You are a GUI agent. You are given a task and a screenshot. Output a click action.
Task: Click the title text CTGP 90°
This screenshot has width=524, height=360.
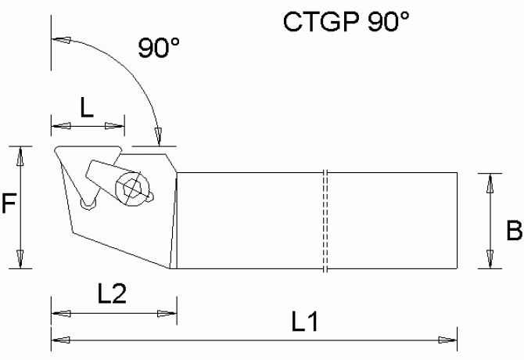(346, 21)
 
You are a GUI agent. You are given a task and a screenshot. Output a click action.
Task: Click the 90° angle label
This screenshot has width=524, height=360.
(160, 49)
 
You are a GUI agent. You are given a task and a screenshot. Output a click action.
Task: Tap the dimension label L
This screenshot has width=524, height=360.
(87, 108)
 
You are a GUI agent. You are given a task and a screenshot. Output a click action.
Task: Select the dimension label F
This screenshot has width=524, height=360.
(9, 206)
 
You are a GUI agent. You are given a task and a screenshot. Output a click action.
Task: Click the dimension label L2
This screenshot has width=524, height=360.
(113, 294)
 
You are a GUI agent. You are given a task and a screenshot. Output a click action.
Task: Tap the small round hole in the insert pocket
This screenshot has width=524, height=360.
(89, 204)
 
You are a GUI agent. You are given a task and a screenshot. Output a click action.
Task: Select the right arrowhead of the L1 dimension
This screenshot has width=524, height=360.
(448, 339)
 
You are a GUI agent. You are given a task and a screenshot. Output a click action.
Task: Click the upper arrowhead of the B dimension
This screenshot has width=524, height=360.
(490, 182)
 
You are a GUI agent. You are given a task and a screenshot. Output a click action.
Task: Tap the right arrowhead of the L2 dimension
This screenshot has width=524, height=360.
(168, 314)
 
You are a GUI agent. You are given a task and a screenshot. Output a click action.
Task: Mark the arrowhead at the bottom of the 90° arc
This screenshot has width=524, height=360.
(158, 136)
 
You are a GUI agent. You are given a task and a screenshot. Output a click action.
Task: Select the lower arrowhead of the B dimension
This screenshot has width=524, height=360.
(490, 259)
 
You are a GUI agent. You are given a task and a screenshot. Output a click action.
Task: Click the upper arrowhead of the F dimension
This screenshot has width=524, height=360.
(21, 154)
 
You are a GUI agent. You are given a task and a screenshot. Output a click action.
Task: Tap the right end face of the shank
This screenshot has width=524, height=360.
(456, 220)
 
